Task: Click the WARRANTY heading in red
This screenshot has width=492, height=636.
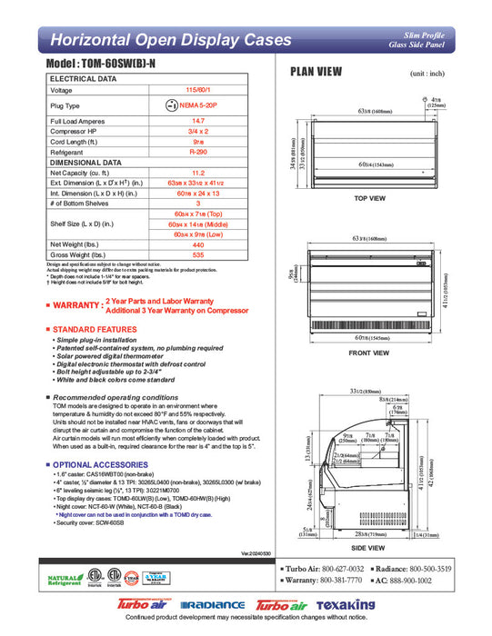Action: click(x=78, y=305)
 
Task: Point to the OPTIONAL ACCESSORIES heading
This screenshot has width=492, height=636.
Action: click(x=101, y=464)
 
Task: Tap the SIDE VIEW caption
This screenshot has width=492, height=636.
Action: click(x=371, y=550)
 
